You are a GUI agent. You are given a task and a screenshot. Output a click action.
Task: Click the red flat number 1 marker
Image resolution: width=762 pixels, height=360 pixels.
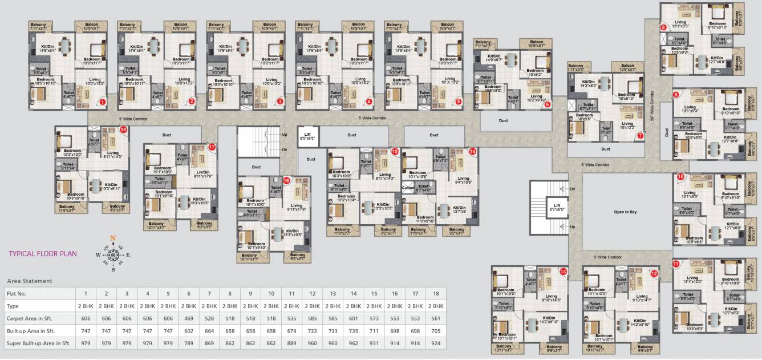[x=103, y=102]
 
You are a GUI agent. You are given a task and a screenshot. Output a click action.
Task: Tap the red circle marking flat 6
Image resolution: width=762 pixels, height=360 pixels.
[x=548, y=104]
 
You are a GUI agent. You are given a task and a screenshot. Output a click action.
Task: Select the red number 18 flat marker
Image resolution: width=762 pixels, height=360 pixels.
[x=123, y=130]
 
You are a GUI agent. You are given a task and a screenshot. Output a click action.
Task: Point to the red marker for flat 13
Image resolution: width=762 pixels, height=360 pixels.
[x=564, y=272]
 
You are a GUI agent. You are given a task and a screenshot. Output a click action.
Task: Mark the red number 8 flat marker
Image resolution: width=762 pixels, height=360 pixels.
[x=663, y=27]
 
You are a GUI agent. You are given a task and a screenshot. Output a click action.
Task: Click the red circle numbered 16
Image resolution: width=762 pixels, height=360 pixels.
[x=286, y=180]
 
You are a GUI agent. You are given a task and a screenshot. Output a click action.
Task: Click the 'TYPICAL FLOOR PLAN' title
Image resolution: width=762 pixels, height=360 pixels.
[x=43, y=254]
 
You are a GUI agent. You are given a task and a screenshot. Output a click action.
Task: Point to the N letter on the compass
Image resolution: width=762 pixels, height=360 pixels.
[x=113, y=238]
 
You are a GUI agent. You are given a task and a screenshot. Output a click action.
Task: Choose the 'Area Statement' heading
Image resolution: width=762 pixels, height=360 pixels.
[x=29, y=281]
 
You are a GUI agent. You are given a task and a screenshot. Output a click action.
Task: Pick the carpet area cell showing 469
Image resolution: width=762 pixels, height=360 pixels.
[x=189, y=318]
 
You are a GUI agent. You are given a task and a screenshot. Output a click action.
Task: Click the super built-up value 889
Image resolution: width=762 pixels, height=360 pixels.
[x=291, y=343]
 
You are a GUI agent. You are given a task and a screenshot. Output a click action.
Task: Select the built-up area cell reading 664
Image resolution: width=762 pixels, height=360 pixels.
[x=209, y=330]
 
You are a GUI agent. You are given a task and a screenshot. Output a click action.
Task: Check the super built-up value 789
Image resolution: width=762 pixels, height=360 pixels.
[x=189, y=343]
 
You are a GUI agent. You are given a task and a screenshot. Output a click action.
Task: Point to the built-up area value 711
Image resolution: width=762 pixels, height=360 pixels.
[x=374, y=330]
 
